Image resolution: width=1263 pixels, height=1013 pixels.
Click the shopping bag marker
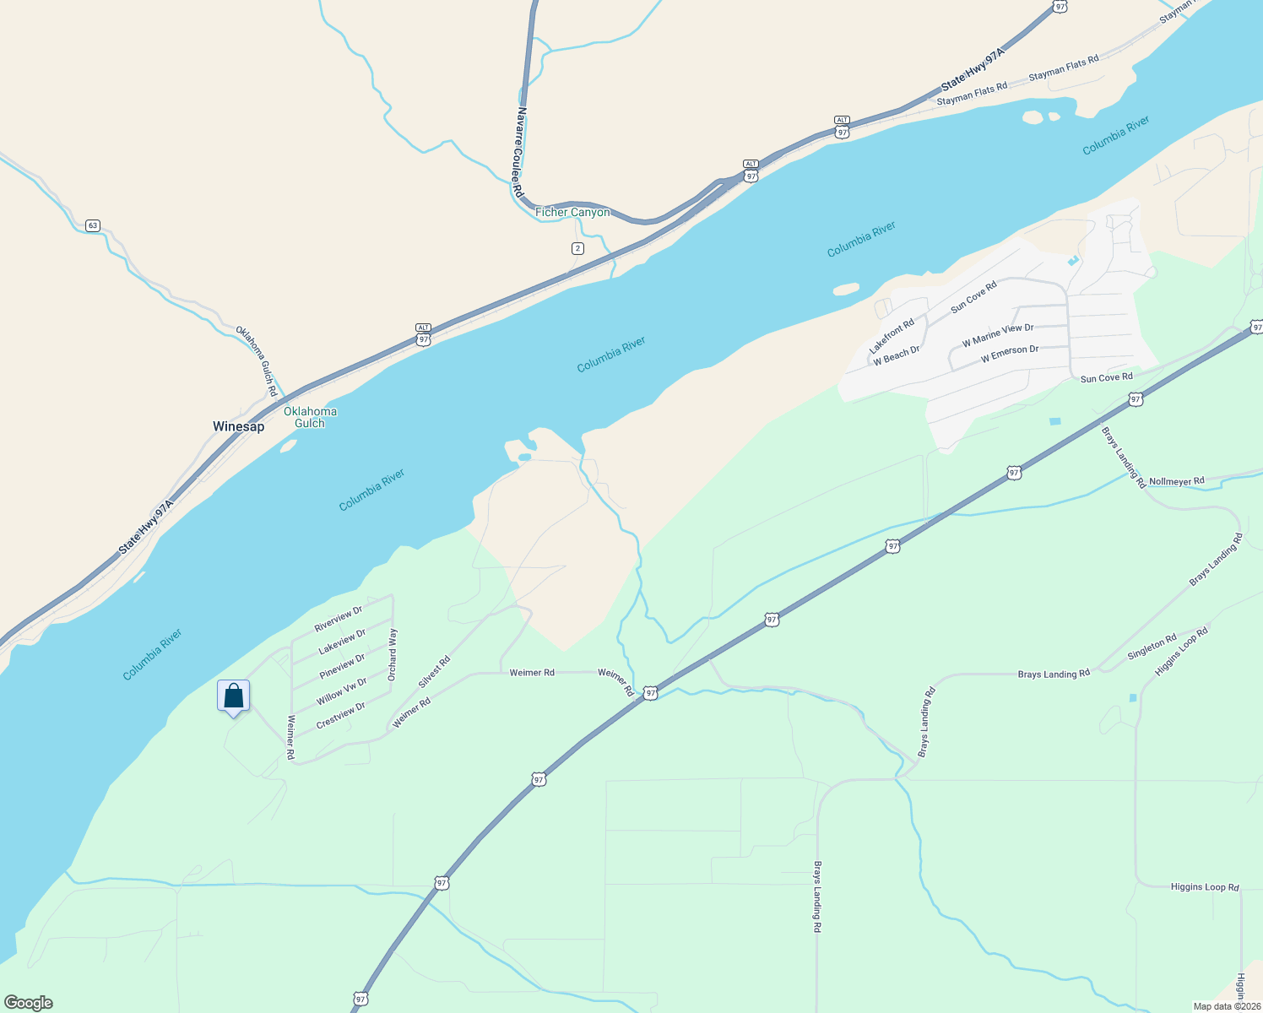(234, 697)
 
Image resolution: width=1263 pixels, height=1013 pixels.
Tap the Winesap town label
(238, 426)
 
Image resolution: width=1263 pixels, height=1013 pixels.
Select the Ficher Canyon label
(572, 212)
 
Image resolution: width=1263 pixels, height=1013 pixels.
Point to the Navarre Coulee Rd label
(520, 153)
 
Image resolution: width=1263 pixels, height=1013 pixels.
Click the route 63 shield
(93, 225)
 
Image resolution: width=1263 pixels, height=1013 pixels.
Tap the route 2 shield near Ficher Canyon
(577, 248)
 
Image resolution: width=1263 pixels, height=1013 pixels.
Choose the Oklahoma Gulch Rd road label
(257, 361)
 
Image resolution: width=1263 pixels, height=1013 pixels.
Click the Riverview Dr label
(338, 619)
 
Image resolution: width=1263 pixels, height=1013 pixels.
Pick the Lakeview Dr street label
(342, 642)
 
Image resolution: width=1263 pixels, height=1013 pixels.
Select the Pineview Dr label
(342, 666)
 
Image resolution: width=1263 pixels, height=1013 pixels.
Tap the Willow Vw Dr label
(341, 691)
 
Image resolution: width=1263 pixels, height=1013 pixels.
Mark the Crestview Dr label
(340, 716)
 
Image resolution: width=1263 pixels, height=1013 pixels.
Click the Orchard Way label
(393, 654)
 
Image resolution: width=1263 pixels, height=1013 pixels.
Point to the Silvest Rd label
(434, 671)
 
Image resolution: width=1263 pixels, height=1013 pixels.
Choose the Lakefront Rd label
(892, 336)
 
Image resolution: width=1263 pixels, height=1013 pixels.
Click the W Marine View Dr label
(998, 335)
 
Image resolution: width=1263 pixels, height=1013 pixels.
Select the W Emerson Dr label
(1010, 355)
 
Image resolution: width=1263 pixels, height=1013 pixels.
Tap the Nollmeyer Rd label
(1177, 481)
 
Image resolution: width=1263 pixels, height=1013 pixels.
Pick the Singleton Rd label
(1152, 647)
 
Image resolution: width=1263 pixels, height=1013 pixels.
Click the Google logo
(29, 1003)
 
